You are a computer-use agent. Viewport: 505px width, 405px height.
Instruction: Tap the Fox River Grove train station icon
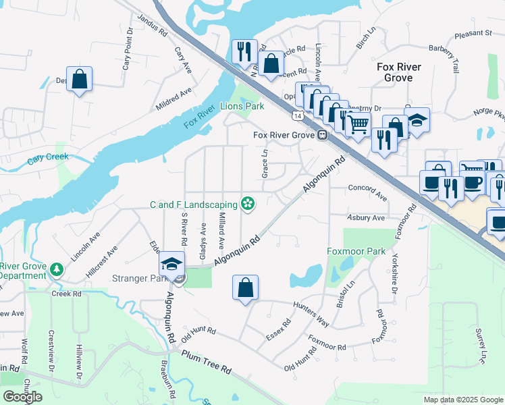click(323, 135)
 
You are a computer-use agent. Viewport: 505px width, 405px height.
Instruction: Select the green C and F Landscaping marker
click(248, 204)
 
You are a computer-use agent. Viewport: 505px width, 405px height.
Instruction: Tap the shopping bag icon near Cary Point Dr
click(79, 78)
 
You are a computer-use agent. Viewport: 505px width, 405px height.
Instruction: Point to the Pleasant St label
click(473, 32)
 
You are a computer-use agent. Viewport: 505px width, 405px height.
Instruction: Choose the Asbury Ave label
click(365, 218)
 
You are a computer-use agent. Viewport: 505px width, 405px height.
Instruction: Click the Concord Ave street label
click(367, 192)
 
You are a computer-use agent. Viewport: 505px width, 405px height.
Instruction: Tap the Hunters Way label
click(311, 315)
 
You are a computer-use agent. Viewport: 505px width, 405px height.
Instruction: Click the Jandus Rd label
click(151, 25)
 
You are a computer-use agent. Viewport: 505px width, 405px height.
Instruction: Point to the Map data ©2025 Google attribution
click(462, 400)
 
